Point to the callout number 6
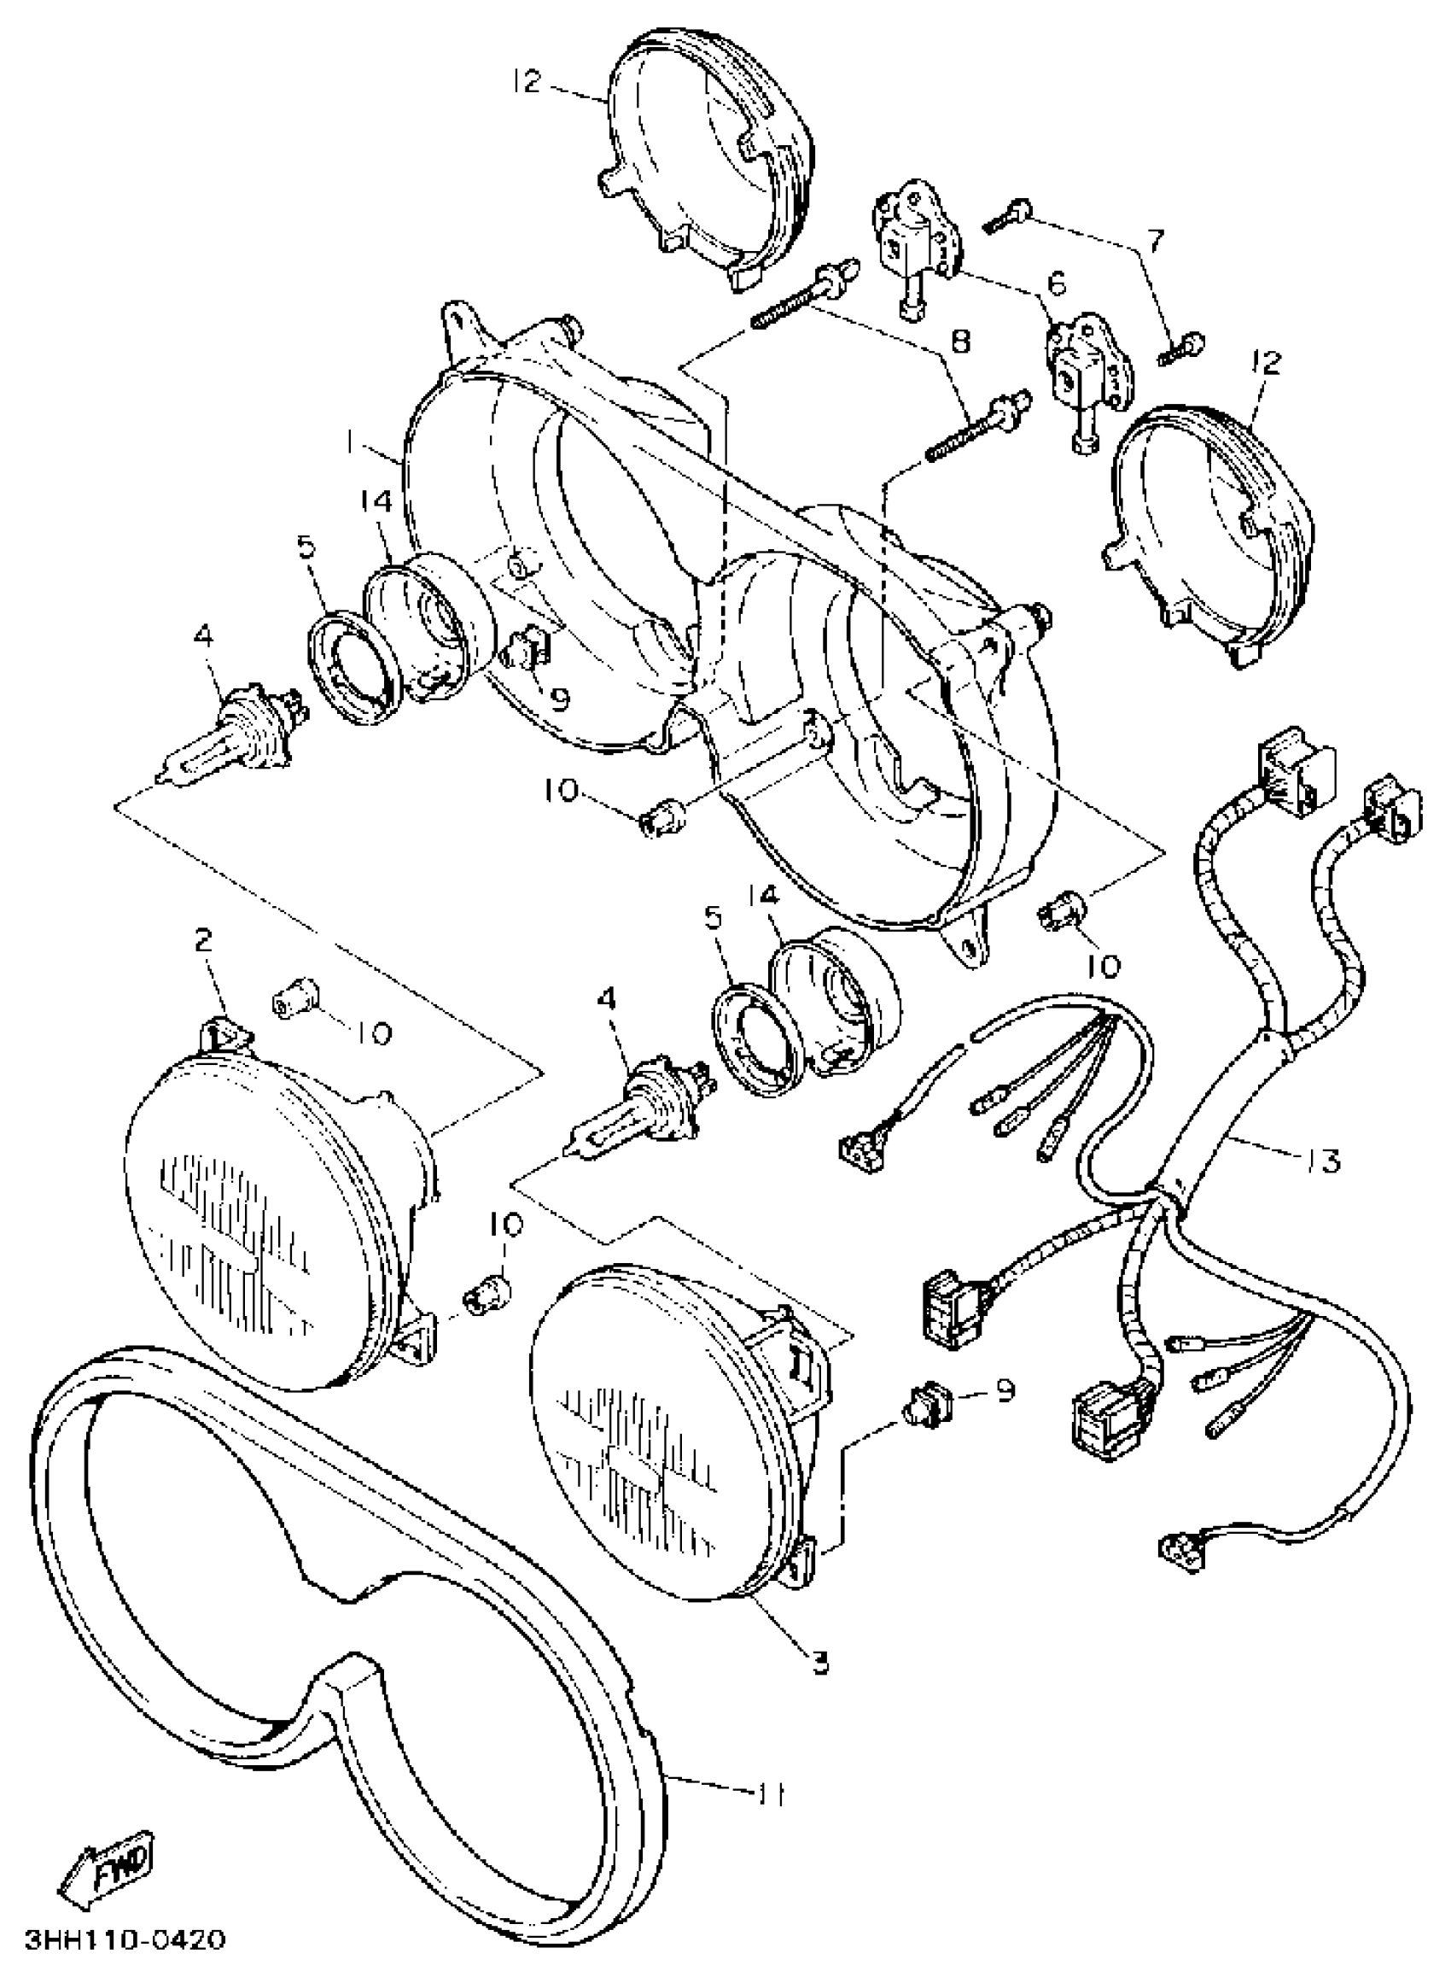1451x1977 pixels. (1057, 283)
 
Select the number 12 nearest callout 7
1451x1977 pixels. (1269, 361)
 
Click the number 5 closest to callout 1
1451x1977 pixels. (305, 547)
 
